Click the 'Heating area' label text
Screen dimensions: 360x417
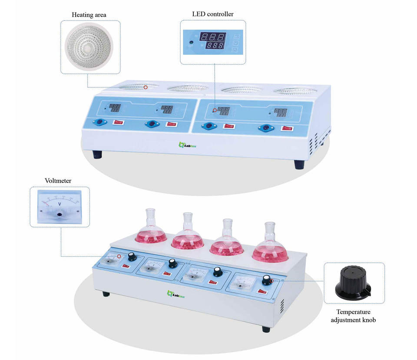89,15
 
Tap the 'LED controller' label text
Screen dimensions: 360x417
213,14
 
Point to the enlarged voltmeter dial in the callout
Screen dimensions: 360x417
60,207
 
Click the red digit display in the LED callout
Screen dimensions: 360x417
212,42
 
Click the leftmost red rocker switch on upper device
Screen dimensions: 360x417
118,122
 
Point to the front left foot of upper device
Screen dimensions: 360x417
97,154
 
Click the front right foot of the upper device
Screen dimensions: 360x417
299,164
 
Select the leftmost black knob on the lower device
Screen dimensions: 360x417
132,258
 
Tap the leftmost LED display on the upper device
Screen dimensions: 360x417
115,107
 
